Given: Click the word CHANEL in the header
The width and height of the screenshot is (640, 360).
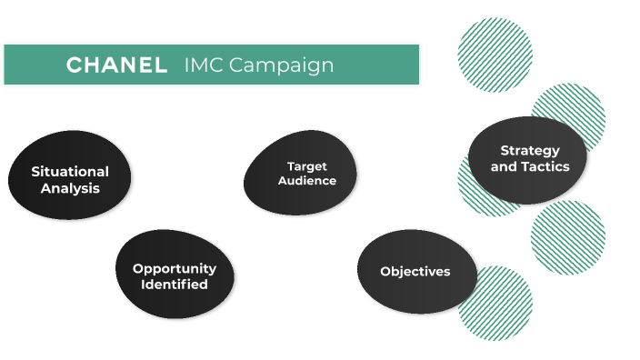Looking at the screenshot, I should (x=116, y=65).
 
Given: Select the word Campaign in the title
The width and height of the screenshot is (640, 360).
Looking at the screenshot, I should (x=281, y=65).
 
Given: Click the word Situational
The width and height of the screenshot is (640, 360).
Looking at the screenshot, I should (x=70, y=171).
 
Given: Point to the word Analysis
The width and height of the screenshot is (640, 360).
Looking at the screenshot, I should (x=70, y=188).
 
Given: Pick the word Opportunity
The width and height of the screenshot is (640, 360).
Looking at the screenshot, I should (x=175, y=268).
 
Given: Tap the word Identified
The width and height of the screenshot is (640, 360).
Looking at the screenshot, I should (x=175, y=285).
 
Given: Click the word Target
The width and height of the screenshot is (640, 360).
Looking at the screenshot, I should (x=306, y=166).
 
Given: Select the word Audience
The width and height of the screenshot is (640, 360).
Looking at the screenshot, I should (x=306, y=181).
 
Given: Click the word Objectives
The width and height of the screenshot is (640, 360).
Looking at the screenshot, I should (x=415, y=272).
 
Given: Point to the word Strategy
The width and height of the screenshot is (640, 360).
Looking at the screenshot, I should (x=530, y=150).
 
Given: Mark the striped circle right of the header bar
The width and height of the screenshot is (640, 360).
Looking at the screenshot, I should (x=495, y=55).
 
